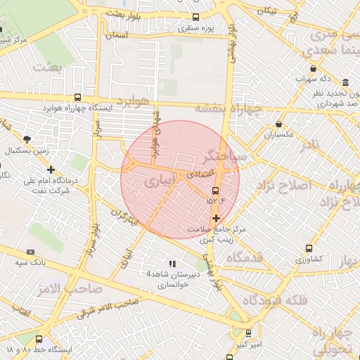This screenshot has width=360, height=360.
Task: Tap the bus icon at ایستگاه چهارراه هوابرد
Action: point(77,98)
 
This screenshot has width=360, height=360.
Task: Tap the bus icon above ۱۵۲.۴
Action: point(215,190)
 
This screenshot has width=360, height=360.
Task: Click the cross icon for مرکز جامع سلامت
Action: point(215,218)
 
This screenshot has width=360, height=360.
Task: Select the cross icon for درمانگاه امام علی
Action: point(51,169)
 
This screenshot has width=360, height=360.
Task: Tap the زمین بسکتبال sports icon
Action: point(27,139)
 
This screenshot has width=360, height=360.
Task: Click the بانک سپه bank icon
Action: point(30,251)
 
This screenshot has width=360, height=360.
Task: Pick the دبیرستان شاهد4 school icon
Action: point(172,264)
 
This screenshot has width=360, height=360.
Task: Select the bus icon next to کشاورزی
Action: point(309,248)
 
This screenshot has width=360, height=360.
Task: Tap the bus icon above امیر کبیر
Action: point(249,333)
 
